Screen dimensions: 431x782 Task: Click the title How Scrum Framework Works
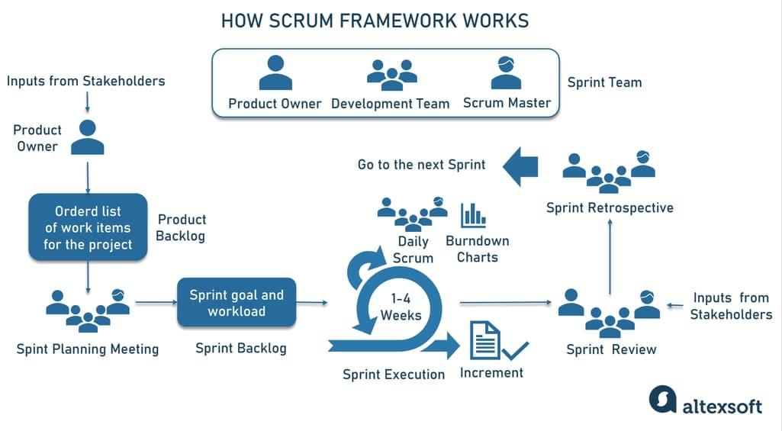coord(375,21)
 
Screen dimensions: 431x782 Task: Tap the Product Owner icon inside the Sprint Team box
coord(275,73)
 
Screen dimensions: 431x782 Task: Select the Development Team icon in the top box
coord(391,72)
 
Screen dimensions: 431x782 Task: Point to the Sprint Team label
coord(604,82)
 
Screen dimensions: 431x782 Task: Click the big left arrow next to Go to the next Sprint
coord(521,165)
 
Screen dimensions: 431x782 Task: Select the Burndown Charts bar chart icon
coord(473,214)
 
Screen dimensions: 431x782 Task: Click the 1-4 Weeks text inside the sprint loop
coord(401,307)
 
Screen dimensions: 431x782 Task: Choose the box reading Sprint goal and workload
coord(237,303)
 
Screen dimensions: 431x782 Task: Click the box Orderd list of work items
coord(88,227)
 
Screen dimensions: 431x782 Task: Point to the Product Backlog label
coord(181,227)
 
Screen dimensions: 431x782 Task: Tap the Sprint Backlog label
coord(241,349)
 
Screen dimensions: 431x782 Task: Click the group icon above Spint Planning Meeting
coord(88,310)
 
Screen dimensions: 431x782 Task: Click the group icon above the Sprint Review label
coord(609,311)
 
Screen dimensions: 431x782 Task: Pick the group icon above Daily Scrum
coord(413,214)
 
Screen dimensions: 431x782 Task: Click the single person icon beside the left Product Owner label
coord(88,137)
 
